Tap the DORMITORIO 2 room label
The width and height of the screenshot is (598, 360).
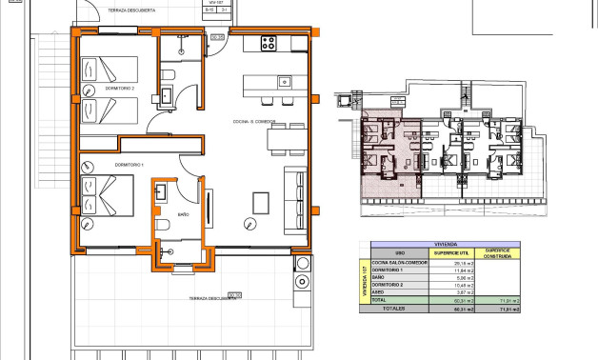click(x=147, y=88)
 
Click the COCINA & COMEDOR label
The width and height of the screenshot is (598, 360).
click(x=254, y=121)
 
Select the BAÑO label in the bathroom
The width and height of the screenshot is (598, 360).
click(x=184, y=215)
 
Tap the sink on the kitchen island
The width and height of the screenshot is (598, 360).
click(x=284, y=82)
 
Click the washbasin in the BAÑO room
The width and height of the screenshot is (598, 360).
click(x=160, y=192)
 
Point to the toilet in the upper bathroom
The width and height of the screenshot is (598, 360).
click(x=167, y=74)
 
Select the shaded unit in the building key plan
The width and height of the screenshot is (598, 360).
click(x=390, y=152)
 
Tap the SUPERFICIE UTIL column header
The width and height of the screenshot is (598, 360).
click(x=447, y=251)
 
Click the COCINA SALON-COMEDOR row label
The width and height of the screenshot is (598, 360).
click(x=393, y=262)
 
